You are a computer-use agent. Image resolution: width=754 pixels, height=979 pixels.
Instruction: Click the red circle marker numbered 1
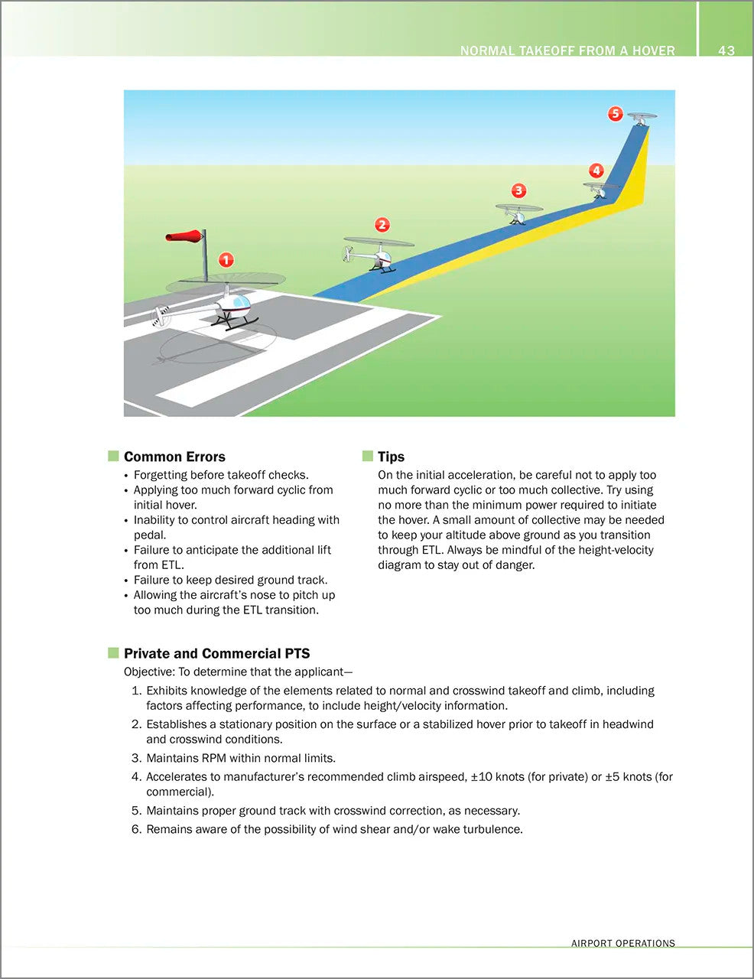226,260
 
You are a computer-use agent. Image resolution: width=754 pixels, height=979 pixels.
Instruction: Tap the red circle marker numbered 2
382,225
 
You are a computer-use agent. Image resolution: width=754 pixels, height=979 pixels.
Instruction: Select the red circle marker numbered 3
518,190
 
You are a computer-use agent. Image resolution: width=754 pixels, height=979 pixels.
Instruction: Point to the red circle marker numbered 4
596,171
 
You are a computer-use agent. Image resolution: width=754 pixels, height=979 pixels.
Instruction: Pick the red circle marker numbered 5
616,114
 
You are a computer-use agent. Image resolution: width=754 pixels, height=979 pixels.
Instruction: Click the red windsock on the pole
185,236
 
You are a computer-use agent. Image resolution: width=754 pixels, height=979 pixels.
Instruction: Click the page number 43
726,50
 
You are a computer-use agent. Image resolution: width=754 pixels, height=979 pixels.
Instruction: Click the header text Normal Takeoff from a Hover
567,50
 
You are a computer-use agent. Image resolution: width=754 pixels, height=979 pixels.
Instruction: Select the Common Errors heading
174,457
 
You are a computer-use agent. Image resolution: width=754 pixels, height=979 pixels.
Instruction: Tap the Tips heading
391,457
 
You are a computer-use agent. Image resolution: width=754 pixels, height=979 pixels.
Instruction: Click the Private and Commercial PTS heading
216,653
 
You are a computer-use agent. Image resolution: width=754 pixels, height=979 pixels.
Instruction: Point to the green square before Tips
368,457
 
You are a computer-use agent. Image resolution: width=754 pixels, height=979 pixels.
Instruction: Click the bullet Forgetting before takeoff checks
221,475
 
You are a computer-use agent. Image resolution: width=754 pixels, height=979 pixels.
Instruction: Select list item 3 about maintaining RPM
241,758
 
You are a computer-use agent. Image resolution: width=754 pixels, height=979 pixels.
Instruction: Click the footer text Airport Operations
622,943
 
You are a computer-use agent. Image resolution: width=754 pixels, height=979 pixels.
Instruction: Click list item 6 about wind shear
334,829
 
